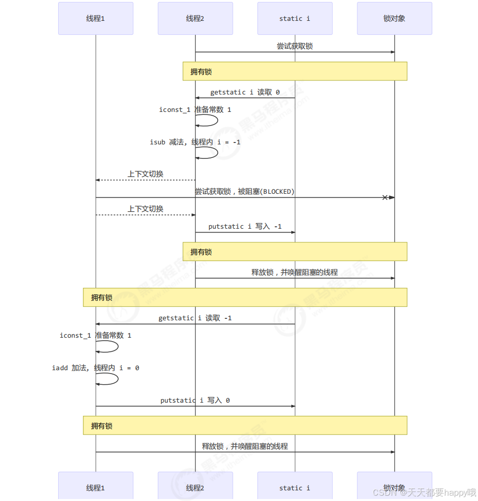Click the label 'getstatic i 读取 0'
245,92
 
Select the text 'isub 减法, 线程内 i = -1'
195,142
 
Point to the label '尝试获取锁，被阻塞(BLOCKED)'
245,191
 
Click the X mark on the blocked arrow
385,197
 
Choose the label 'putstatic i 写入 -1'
245,226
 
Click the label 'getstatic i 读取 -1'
195,318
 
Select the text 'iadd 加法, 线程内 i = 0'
96,368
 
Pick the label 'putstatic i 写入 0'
195,400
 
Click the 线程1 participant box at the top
96,18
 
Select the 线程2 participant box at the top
195,18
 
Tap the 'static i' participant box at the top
295,18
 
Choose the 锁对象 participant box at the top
394,18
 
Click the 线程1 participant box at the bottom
96,486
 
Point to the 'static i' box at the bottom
295,486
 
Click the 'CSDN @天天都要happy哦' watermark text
425,493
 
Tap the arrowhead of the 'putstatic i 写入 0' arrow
293,406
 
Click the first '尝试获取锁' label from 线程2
295,46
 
